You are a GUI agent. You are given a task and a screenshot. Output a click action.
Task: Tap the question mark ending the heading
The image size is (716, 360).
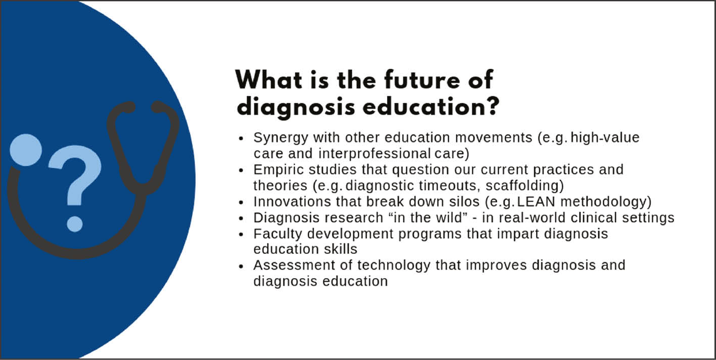490,106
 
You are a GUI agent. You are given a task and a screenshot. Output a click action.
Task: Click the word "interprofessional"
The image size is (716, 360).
373,153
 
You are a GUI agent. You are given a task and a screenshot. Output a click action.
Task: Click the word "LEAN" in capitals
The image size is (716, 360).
538,202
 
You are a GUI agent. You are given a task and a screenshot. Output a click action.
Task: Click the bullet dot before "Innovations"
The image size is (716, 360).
242,202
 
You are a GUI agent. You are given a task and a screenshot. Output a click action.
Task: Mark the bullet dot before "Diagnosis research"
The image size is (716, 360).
242,218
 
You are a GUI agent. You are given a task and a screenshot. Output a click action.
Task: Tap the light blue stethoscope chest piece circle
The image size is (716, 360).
25,149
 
